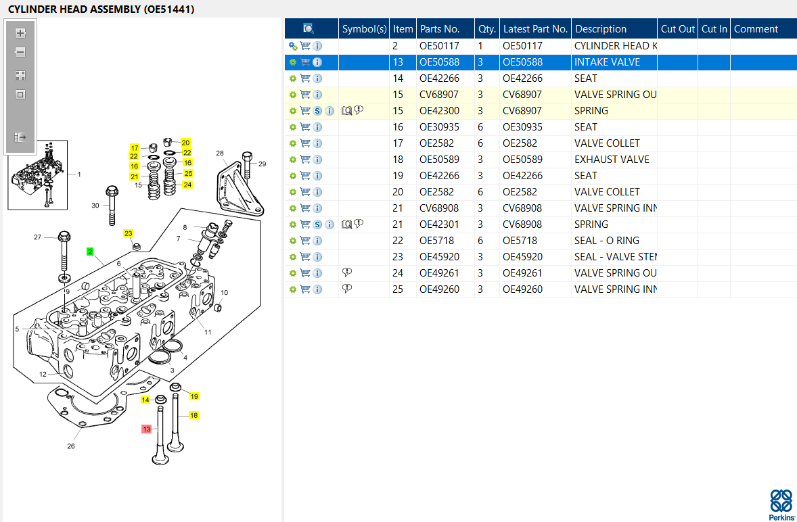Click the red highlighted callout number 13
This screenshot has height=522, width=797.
pos(147,429)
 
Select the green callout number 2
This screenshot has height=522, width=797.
pos(90,252)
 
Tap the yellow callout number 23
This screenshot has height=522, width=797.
pos(128,233)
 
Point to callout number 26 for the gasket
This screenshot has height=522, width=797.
pos(70,446)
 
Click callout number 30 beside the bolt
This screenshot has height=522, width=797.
pos(95,206)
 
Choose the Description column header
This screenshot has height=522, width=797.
pos(601,29)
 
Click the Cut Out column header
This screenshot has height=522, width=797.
pos(677,29)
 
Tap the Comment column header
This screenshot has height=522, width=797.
pos(756,29)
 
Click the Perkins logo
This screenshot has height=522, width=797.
pos(781,504)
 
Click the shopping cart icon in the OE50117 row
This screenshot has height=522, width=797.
pos(305,46)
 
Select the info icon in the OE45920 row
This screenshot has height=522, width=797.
pos(317,257)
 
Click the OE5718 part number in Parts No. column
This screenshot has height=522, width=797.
pos(436,241)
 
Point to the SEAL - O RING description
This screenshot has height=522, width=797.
pos(607,241)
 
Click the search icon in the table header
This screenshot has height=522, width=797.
pos(308,28)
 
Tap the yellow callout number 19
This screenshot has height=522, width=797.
pos(194,396)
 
